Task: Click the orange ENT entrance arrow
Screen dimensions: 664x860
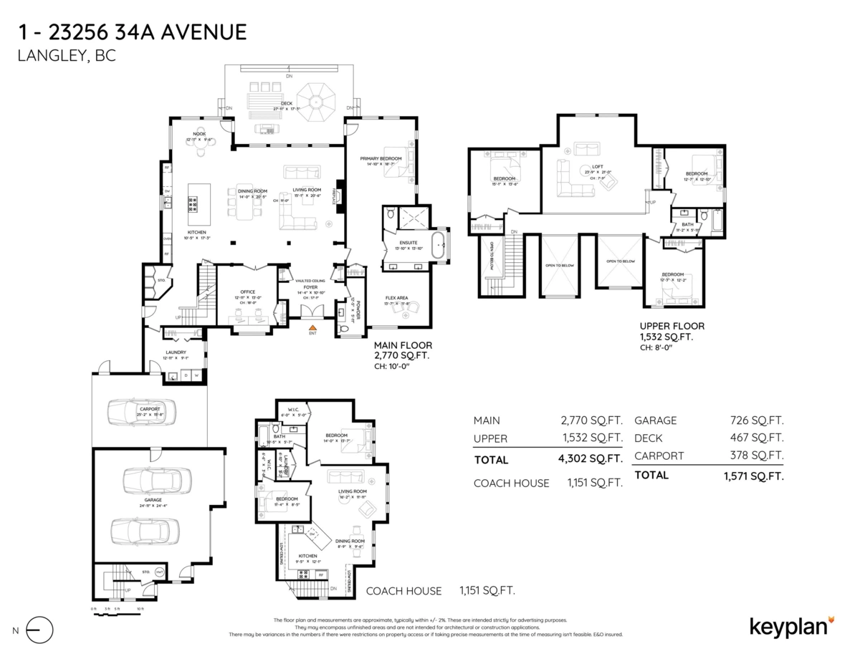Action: tap(312, 327)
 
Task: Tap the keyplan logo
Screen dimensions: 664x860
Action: tap(791, 625)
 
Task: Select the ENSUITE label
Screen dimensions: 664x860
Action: tap(408, 243)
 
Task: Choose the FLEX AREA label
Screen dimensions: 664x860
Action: tap(397, 297)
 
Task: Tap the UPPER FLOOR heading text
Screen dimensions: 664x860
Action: tap(672, 325)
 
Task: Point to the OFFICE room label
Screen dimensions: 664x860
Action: tap(248, 292)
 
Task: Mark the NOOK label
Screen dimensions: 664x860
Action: tap(199, 133)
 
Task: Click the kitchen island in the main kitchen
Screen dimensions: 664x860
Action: tap(193, 198)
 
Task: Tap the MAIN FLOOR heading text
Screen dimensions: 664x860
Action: tap(403, 345)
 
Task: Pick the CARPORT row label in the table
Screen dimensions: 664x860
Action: tap(659, 456)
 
